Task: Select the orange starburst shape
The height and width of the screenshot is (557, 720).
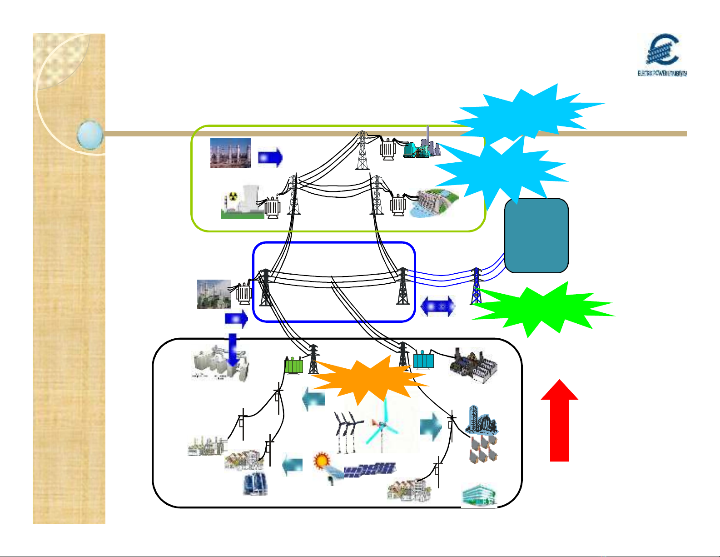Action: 366,379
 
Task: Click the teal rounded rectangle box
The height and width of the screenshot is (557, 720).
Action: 536,236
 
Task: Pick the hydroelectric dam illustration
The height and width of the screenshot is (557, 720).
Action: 433,203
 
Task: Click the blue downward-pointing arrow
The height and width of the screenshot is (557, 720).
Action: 233,349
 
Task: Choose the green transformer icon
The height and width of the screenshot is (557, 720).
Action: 293,365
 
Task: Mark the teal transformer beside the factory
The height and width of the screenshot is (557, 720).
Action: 423,361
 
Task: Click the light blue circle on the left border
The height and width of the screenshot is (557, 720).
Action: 90,135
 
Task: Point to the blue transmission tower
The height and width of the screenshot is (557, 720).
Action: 476,286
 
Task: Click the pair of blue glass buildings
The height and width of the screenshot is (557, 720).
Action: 255,483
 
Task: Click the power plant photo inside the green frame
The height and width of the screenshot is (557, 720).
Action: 230,153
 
